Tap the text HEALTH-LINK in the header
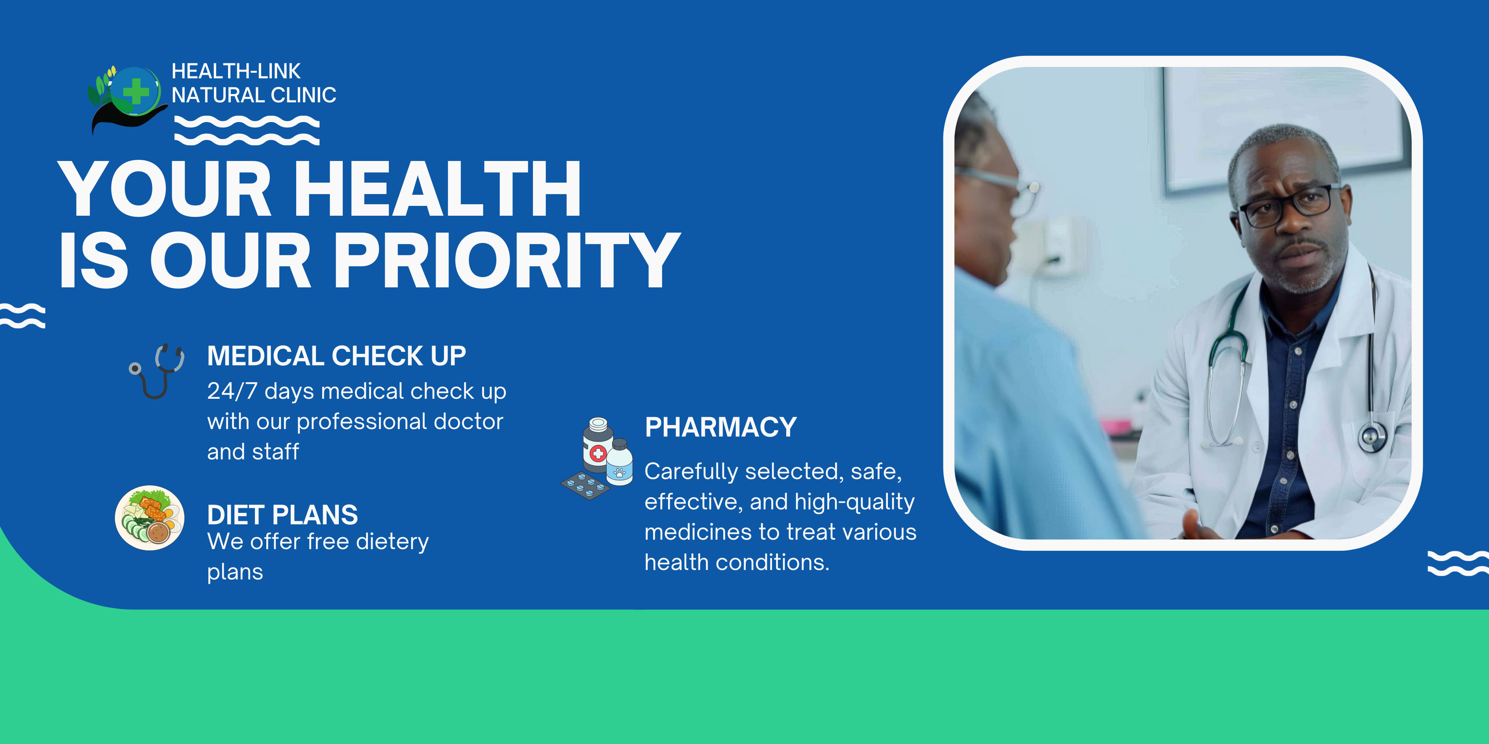coord(236,71)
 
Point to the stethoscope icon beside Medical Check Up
coord(156,372)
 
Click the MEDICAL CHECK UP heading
coord(336,356)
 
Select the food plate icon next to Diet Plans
coord(150,518)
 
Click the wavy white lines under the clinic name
coord(247,130)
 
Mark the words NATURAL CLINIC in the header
coord(254,95)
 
